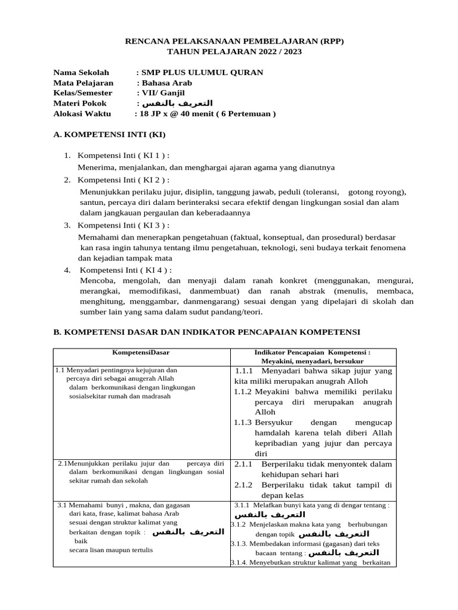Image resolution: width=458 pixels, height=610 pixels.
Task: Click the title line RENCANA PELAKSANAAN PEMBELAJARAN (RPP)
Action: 234,41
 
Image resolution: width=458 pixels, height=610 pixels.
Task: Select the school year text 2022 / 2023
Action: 280,52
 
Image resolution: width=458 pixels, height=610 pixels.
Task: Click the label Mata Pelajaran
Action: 83,83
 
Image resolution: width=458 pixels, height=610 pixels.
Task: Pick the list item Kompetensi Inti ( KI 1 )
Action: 123,155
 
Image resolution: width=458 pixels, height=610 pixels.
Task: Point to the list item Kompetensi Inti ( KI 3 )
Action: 123,225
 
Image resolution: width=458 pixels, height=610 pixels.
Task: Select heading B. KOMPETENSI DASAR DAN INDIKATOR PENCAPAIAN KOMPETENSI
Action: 207,332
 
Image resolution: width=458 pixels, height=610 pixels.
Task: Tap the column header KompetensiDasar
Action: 141,353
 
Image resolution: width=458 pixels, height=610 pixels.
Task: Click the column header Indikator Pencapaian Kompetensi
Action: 312,353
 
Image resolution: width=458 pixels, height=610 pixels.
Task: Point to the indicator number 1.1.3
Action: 243,422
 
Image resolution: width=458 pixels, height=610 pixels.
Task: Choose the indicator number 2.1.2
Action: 244,484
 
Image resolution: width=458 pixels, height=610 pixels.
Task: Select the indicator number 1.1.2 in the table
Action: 243,391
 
